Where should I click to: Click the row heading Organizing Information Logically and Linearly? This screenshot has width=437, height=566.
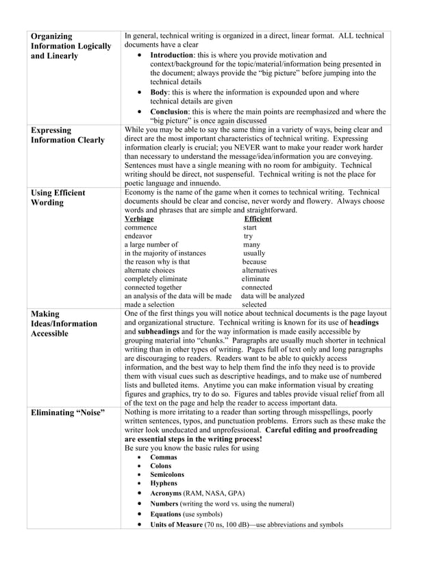click(71, 46)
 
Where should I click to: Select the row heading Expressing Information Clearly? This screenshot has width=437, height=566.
click(67, 134)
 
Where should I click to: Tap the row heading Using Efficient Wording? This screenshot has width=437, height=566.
click(58, 198)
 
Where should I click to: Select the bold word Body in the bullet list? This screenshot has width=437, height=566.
click(159, 91)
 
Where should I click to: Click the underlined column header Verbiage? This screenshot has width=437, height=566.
click(139, 219)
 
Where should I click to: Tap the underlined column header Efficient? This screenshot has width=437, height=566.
click(258, 219)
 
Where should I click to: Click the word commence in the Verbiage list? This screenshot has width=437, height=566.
click(140, 227)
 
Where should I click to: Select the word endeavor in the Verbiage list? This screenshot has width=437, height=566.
click(140, 236)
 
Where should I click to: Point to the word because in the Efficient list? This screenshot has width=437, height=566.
click(254, 262)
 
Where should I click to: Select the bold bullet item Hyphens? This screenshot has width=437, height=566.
click(164, 483)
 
